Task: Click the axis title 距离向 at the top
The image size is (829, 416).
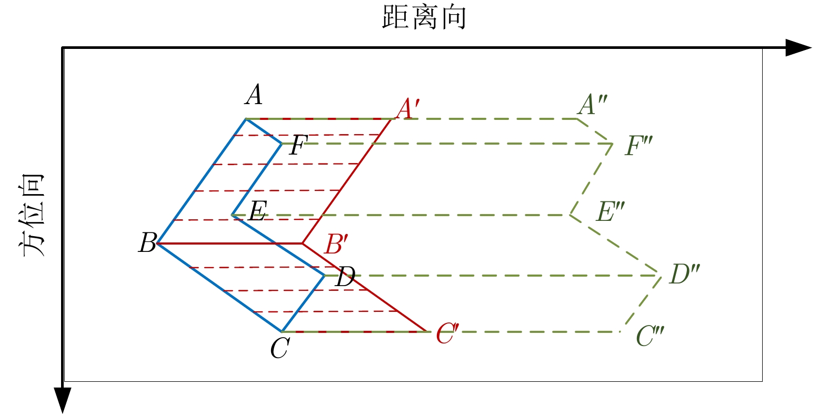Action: [424, 17]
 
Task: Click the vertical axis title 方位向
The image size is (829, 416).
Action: [34, 215]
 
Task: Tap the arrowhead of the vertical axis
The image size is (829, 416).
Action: [63, 400]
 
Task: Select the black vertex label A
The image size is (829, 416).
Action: [254, 95]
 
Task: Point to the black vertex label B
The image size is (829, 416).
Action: [147, 243]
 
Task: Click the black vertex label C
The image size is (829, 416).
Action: [279, 348]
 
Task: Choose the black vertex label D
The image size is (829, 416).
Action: [345, 276]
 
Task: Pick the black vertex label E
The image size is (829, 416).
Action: [257, 211]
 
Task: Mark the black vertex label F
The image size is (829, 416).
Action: [298, 145]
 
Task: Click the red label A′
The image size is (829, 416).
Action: [408, 109]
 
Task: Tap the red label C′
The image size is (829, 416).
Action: [447, 333]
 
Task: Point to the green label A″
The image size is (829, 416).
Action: [592, 105]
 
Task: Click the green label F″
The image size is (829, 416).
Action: [638, 146]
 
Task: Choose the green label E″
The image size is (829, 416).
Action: [610, 211]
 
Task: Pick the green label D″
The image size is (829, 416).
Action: [684, 274]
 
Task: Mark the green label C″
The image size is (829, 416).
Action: [650, 336]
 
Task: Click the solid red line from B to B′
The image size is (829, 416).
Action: [230, 243]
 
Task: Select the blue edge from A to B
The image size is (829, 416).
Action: [202, 181]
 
